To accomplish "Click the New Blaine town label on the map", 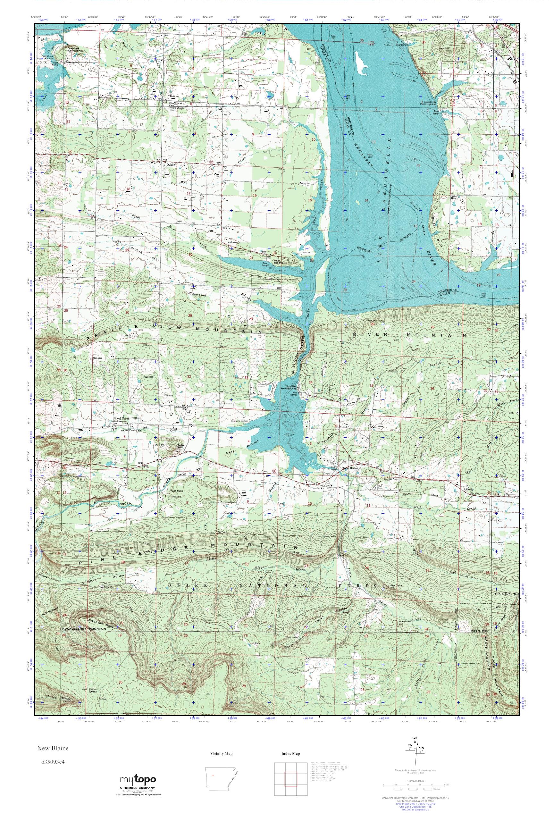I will (350, 468).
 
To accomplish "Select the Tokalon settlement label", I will (174, 96).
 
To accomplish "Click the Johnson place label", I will (233, 242).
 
